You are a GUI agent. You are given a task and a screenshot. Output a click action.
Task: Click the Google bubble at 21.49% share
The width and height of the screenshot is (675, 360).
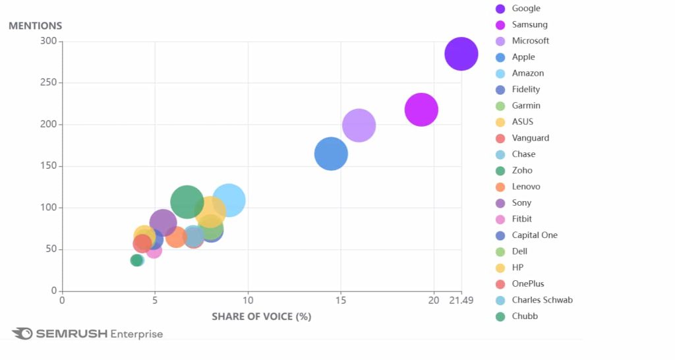coord(461,53)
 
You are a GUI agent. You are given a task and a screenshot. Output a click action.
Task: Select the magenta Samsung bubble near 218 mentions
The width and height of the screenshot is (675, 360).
coord(421,109)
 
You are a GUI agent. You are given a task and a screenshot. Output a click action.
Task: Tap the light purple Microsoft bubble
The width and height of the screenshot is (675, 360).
coord(359,125)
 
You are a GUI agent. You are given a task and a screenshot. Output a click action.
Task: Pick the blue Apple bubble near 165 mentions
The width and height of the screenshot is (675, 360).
coord(331,154)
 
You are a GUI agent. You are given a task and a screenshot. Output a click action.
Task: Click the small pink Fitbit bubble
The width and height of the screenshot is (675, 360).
coord(154,250)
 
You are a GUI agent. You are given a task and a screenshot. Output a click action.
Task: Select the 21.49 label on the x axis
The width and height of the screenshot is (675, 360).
coord(461,301)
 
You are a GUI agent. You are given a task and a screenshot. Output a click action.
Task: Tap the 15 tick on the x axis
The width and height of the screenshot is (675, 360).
coord(340,301)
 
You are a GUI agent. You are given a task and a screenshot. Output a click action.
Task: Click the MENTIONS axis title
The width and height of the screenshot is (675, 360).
coord(35,26)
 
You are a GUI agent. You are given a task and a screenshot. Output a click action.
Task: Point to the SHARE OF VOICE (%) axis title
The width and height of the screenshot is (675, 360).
coord(261,316)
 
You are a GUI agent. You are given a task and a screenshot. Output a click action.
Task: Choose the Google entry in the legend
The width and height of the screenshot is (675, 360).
coord(526,9)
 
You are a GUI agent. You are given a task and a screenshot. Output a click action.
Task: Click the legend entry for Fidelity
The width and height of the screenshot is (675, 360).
coord(526,90)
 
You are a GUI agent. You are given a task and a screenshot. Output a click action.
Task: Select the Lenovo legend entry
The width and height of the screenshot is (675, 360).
coord(526,187)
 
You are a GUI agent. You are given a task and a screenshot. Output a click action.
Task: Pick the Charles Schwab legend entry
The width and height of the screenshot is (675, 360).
coord(542,300)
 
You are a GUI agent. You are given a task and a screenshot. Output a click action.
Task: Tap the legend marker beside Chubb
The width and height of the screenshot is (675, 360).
coord(500,316)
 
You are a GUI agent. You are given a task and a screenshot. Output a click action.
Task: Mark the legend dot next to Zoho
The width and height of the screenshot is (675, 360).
coord(500,171)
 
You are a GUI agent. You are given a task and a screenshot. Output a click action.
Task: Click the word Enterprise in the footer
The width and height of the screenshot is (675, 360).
coord(136,334)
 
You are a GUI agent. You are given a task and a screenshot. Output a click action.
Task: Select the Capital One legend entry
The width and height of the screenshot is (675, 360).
coord(535,235)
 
